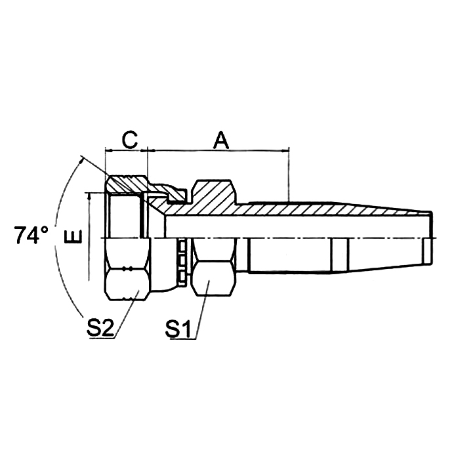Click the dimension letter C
tap(130, 139)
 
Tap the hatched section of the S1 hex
tap(213, 194)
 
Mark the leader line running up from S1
tap(201, 308)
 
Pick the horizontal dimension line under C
tap(127, 152)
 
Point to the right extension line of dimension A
tap(288, 174)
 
